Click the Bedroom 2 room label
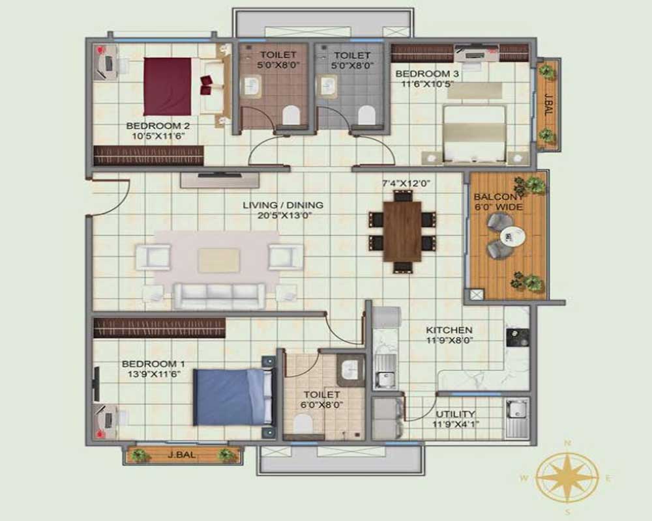149,126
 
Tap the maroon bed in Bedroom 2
168,86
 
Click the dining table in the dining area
402,231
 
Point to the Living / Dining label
283,205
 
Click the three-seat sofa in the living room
219,296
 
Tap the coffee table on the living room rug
218,260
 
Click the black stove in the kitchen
518,337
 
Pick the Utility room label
456,414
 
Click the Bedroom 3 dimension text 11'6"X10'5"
427,84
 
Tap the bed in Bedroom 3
474,134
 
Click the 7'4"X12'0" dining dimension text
409,184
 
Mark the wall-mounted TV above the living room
218,174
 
